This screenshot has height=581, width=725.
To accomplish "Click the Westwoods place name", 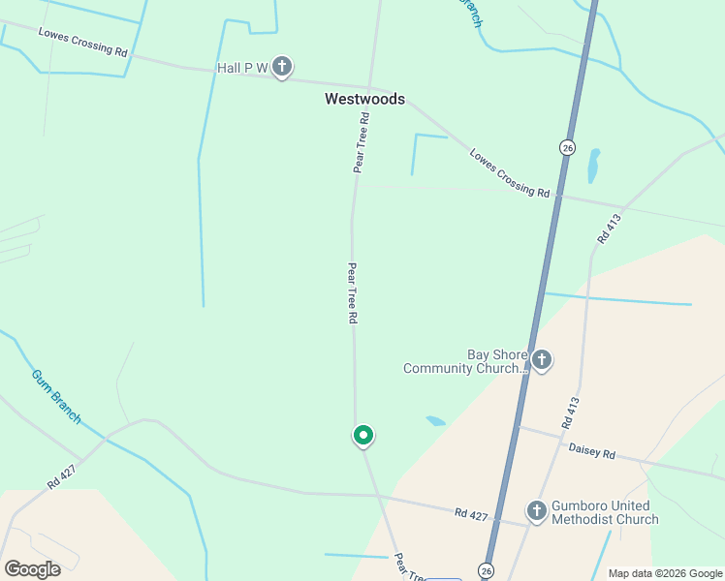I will tap(364, 99).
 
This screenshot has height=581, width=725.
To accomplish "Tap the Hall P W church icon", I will tap(282, 68).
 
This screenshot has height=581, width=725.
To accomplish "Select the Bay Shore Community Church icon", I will tap(542, 361).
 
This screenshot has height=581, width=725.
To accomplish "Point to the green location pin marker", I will tap(362, 436).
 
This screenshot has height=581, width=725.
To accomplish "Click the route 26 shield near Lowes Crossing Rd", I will tap(567, 147).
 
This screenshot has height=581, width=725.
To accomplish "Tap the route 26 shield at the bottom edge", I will tap(486, 570).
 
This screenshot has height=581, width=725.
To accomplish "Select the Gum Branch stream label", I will tap(56, 396).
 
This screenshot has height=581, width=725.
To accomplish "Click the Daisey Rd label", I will tap(591, 452).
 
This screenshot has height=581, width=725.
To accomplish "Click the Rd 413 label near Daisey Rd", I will tap(570, 413).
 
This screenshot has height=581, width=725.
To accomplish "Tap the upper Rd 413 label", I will tap(608, 229).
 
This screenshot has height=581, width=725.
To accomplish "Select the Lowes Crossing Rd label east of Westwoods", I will tap(509, 172).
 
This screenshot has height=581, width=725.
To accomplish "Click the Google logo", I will tap(32, 568).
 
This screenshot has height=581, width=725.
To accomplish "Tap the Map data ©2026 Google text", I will tap(665, 573).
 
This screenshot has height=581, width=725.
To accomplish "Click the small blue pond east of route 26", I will tap(593, 167).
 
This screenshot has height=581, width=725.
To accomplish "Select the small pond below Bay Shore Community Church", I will tap(435, 421).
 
